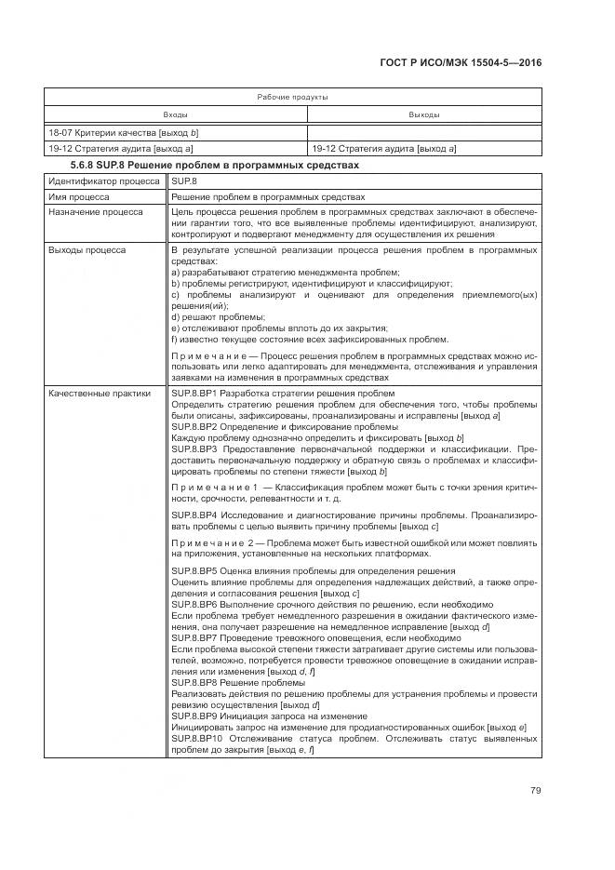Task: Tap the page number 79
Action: click(x=536, y=791)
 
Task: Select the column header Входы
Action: click(x=175, y=114)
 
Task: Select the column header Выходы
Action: click(x=424, y=114)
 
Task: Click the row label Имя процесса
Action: click(x=79, y=197)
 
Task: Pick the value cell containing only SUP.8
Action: click(x=186, y=181)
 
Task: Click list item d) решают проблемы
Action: click(x=219, y=317)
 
